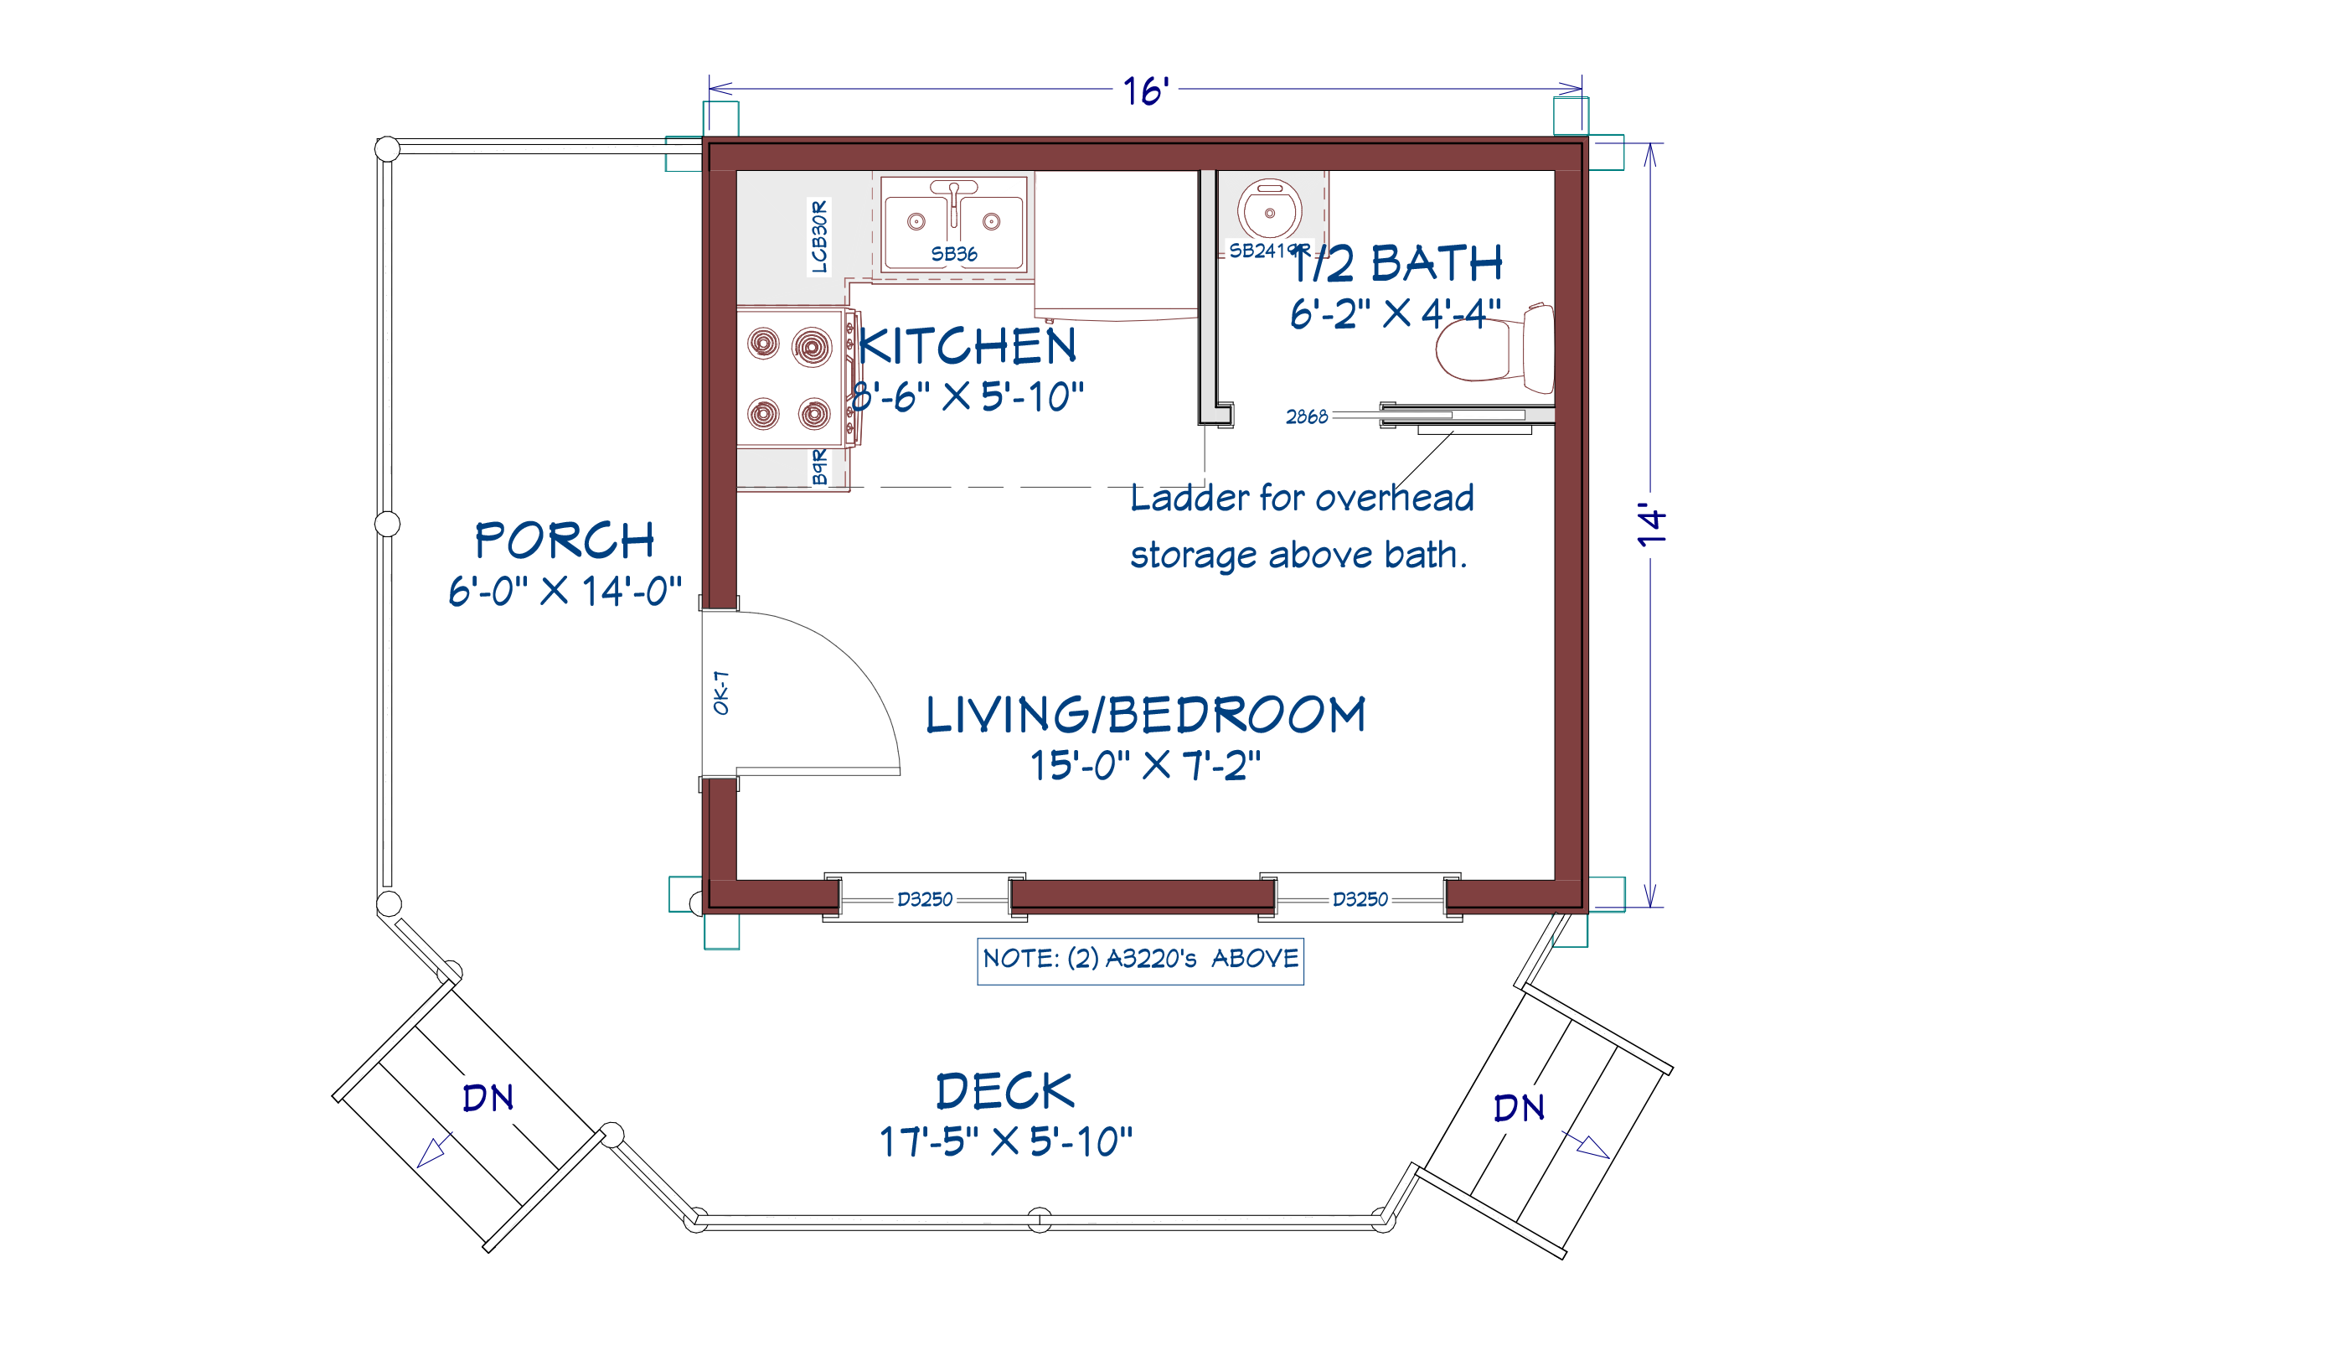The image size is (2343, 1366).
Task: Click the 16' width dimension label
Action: pos(1145,91)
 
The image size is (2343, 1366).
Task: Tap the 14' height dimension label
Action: pos(1652,525)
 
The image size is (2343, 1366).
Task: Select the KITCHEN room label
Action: pos(967,346)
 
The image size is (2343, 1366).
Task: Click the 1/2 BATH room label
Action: pos(1396,263)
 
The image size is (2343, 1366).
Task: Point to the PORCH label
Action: pos(565,540)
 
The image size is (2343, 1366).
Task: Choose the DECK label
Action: pos(1005,1091)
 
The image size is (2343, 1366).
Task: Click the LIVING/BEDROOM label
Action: pos(1145,714)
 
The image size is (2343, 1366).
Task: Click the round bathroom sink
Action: pos(1269,210)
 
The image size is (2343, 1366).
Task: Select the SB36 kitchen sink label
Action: pos(954,254)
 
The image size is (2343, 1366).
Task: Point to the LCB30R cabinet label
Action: pos(818,236)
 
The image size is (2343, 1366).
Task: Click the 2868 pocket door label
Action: pos(1306,417)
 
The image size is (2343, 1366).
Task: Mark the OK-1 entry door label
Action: pos(720,693)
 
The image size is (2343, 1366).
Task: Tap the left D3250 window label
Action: pos(924,899)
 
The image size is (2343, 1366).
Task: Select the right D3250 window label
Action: pos(1360,899)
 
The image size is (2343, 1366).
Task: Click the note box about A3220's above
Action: pos(1141,960)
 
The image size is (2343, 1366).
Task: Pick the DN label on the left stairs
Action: pos(488,1098)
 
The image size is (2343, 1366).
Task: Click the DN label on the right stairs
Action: pos(1520,1108)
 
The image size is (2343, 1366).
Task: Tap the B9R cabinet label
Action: pos(819,467)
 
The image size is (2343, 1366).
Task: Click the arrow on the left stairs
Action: pos(434,1151)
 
